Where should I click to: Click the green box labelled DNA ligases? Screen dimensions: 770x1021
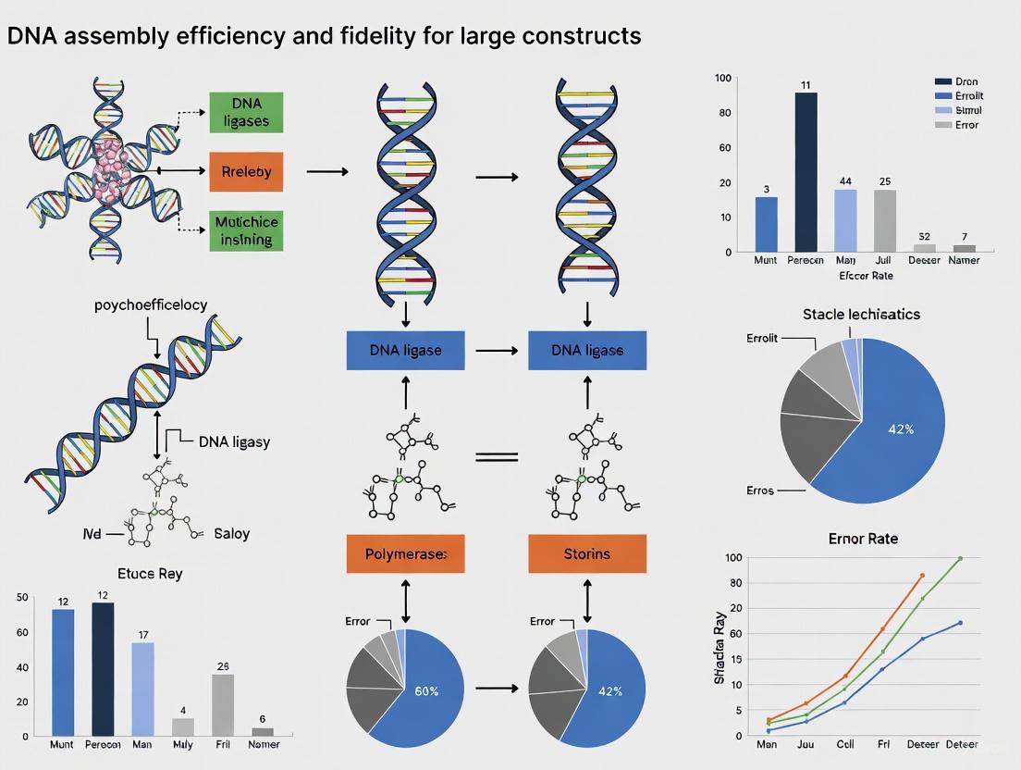pos(245,112)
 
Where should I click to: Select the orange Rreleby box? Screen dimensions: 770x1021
pos(245,171)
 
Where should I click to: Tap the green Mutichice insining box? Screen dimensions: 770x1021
pos(245,230)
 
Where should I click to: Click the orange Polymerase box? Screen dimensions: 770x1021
pos(405,553)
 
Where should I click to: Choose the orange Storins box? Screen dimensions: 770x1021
pos(586,553)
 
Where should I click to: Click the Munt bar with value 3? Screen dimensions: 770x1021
pos(767,224)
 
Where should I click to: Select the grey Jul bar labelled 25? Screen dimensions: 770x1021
pos(885,220)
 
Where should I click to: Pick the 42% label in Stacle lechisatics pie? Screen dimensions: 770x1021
pos(901,428)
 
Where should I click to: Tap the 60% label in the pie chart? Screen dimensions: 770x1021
pos(426,691)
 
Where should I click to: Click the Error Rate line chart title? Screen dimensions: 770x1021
pos(863,539)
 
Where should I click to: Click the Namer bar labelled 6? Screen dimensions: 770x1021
pos(263,731)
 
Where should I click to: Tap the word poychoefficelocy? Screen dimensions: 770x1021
pos(151,304)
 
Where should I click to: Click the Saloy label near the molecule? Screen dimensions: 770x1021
pos(231,534)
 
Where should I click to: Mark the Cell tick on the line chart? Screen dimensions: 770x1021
pos(844,744)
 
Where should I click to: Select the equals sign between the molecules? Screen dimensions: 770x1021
pos(497,457)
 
